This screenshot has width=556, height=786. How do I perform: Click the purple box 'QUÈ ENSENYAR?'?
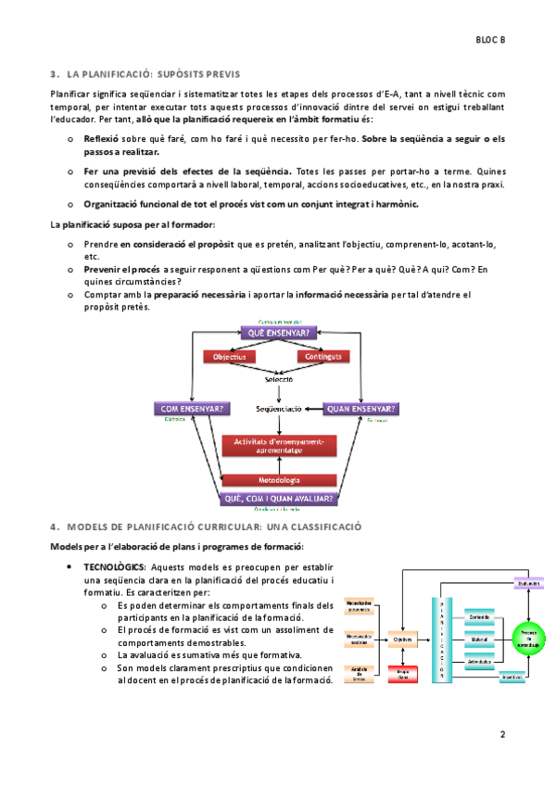[x=278, y=333]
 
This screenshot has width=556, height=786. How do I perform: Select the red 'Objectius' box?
[x=229, y=357]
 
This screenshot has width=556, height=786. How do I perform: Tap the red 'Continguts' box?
[x=323, y=357]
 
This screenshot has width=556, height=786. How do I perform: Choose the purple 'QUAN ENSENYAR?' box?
[x=362, y=408]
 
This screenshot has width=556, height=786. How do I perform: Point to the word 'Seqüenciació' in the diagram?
[x=279, y=408]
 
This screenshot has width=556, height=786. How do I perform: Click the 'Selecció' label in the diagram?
[x=278, y=378]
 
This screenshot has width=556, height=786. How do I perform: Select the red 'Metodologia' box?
[x=278, y=480]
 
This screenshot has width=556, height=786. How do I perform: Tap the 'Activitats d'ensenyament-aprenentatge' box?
[x=278, y=446]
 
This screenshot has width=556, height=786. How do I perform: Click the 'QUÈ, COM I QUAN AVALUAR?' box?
[x=278, y=498]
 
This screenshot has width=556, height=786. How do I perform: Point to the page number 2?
[x=501, y=735]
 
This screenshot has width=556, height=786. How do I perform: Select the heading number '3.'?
[x=55, y=72]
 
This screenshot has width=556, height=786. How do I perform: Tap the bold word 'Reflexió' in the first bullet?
[x=101, y=138]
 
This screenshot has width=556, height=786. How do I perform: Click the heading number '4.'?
[x=55, y=526]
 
